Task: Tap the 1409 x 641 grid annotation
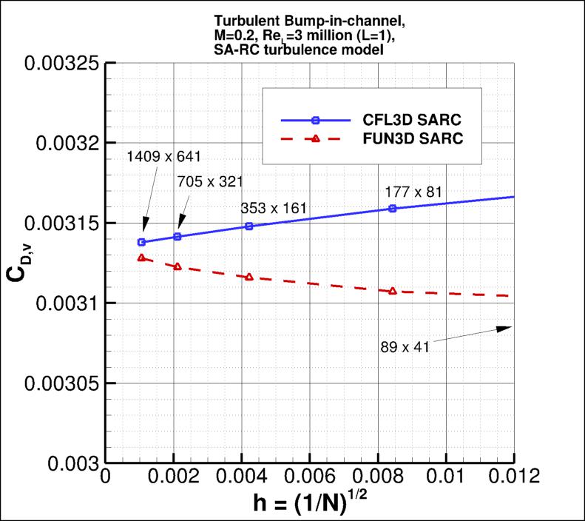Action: pyautogui.click(x=163, y=156)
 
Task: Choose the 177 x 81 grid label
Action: pyautogui.click(x=409, y=192)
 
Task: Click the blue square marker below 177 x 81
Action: pyautogui.click(x=393, y=209)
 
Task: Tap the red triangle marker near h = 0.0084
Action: pyautogui.click(x=393, y=291)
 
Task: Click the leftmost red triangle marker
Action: pyautogui.click(x=141, y=258)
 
